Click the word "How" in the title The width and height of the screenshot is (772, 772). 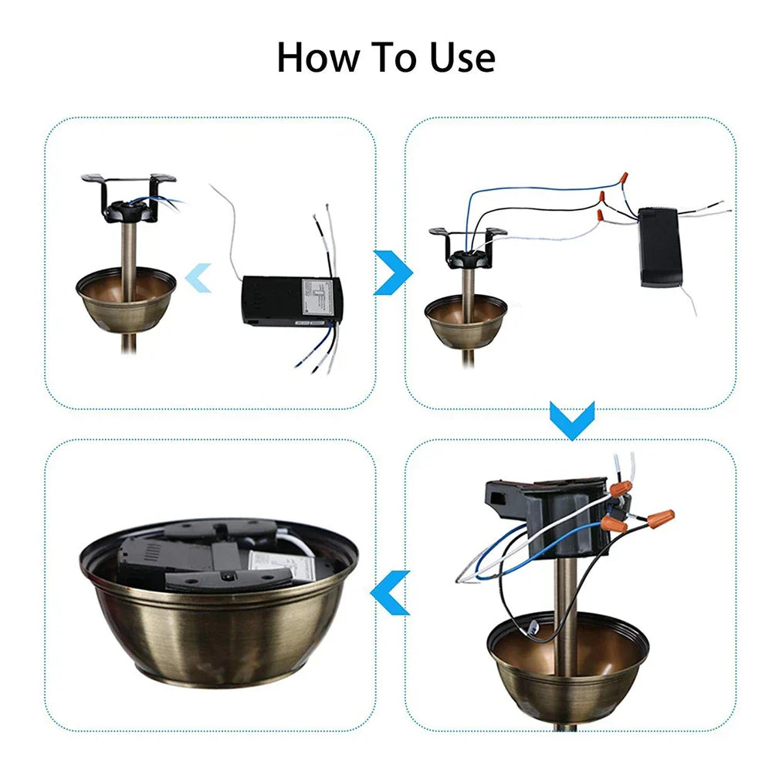click(316, 58)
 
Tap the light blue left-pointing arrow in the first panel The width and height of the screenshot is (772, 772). click(199, 277)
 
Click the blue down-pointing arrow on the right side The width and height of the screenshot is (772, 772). click(571, 419)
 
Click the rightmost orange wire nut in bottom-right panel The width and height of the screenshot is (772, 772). click(661, 518)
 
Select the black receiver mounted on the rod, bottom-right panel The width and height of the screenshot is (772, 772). click(540, 513)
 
